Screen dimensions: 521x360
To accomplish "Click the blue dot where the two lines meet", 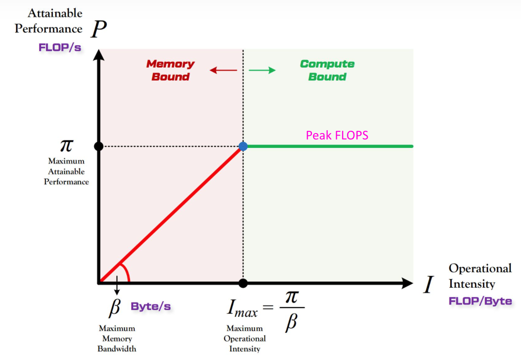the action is [243, 146].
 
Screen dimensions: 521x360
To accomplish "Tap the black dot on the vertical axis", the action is [99, 146].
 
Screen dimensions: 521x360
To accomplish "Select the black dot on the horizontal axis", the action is [243, 283].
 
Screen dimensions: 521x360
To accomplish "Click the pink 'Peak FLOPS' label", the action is [337, 135].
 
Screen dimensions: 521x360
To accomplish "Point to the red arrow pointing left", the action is [223, 70].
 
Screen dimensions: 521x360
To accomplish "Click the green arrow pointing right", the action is [262, 70].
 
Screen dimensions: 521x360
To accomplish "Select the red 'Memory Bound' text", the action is [171, 70].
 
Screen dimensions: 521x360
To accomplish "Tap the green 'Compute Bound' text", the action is [327, 70].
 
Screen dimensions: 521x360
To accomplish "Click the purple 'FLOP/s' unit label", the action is [60, 47].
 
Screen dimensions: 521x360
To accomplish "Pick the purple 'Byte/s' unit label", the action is [151, 306].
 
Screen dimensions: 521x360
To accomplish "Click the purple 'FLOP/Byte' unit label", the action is [480, 301].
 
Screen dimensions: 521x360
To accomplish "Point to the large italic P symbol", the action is [99, 29].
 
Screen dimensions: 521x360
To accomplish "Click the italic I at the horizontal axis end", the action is [429, 284].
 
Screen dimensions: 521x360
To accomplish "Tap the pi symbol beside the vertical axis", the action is [67, 146].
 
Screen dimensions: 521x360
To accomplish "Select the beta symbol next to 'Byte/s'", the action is [115, 308].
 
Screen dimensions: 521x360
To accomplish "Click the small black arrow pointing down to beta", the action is [117, 285].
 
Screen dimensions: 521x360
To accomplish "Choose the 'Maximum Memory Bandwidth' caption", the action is [117, 338].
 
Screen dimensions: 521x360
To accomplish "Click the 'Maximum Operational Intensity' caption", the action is [245, 338].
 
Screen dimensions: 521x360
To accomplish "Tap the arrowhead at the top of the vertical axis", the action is [99, 55].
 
